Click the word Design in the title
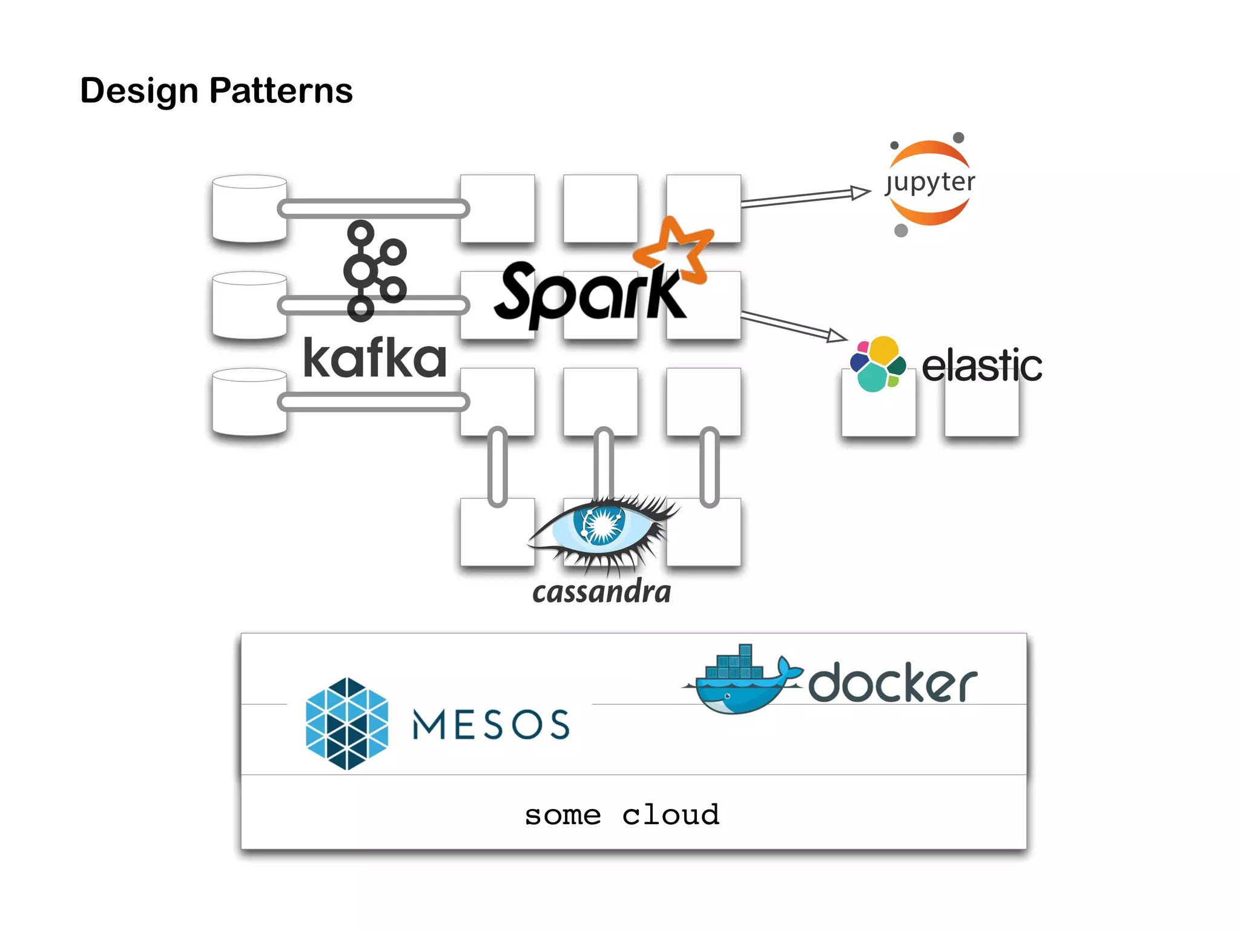[139, 91]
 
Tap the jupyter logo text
[930, 182]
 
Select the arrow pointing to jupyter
[805, 197]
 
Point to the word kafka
[374, 358]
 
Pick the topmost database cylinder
[249, 208]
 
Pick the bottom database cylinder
[249, 402]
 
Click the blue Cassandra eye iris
[601, 524]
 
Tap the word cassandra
[601, 592]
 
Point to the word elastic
[981, 366]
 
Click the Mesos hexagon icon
[346, 724]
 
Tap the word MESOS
[490, 725]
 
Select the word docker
[892, 683]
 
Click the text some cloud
[622, 815]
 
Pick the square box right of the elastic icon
[981, 409]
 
